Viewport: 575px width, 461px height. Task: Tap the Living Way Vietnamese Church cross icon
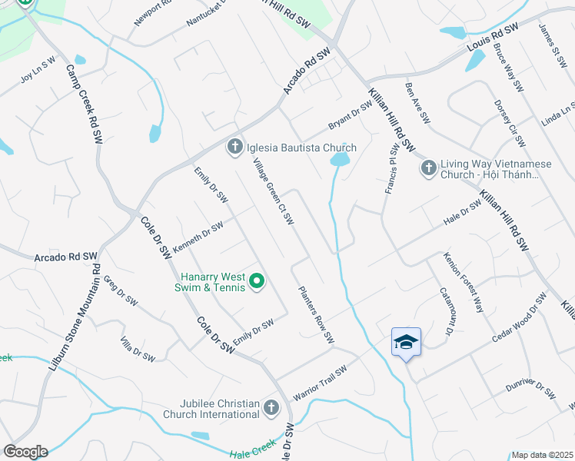429,167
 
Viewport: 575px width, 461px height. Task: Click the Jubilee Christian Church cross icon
271,408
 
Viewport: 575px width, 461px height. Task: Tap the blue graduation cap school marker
406,343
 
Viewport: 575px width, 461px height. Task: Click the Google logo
25,451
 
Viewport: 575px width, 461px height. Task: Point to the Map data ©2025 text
542,455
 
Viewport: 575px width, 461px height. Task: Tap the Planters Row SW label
317,314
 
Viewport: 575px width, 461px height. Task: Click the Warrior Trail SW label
320,382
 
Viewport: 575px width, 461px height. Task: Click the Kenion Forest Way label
464,283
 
